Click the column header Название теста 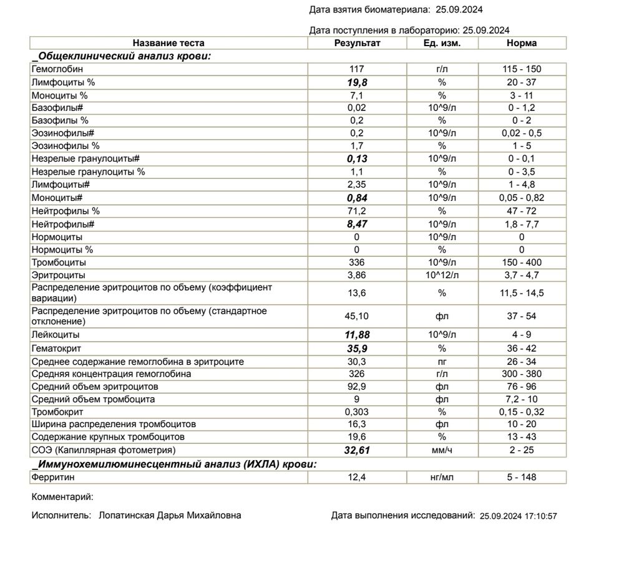[x=168, y=43]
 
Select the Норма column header [x=522, y=43]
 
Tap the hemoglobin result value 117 [x=357, y=69]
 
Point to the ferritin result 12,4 [x=357, y=478]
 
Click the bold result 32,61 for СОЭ [x=357, y=450]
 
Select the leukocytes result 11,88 [x=357, y=335]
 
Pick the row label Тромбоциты [x=58, y=262]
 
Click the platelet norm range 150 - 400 [x=522, y=262]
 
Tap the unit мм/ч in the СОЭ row [x=442, y=450]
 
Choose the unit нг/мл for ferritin [x=442, y=478]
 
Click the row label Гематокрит [x=57, y=349]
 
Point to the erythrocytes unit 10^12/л [x=442, y=275]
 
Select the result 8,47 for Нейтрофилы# [x=357, y=224]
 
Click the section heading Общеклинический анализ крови [x=123, y=56]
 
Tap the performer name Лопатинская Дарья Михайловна [x=170, y=516]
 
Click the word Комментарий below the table [x=62, y=497]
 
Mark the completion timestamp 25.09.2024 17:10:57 [x=517, y=516]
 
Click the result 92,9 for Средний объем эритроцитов [x=357, y=387]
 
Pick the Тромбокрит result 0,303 [x=357, y=412]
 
